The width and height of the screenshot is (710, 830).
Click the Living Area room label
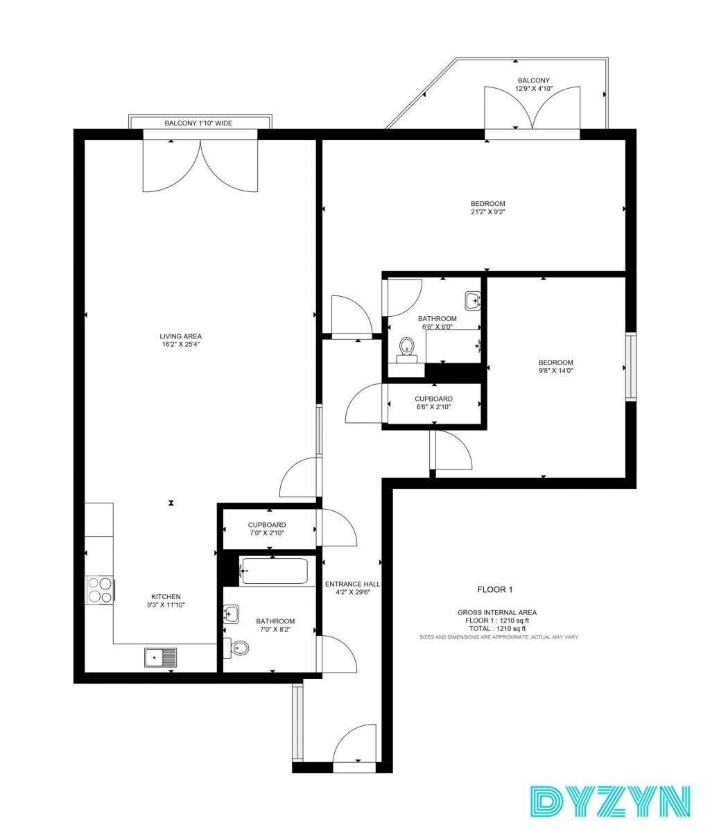pos(180,336)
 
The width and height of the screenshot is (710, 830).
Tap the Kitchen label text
pos(166,596)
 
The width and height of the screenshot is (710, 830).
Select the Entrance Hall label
pos(352,584)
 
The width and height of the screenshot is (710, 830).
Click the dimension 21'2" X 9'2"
pos(487,211)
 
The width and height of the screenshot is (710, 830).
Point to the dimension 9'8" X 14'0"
pos(556,370)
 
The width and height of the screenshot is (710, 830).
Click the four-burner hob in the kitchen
pos(100,589)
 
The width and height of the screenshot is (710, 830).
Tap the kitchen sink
pos(160,657)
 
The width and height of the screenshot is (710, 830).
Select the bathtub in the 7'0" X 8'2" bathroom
pos(273,571)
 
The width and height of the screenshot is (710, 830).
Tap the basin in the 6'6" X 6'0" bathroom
pos(473,301)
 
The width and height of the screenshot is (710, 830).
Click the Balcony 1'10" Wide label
pos(198,123)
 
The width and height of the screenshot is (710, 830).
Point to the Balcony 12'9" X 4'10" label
pos(534,85)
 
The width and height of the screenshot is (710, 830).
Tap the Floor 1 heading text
pos(495,589)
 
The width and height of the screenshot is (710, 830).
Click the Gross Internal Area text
pos(497,612)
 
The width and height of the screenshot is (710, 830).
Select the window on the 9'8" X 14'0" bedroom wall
pos(630,367)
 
